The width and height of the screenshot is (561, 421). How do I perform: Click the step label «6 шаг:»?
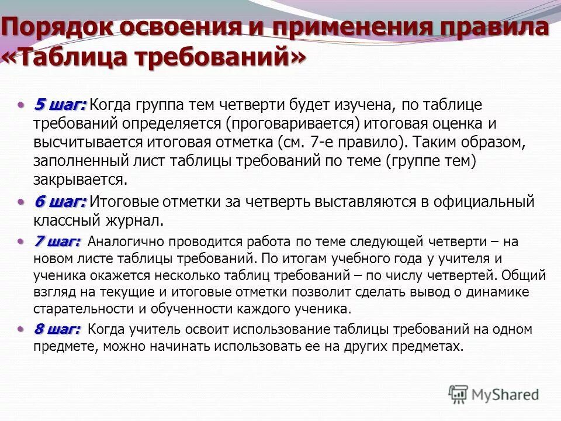point(60,202)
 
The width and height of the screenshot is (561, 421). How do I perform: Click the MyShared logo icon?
point(459,394)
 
